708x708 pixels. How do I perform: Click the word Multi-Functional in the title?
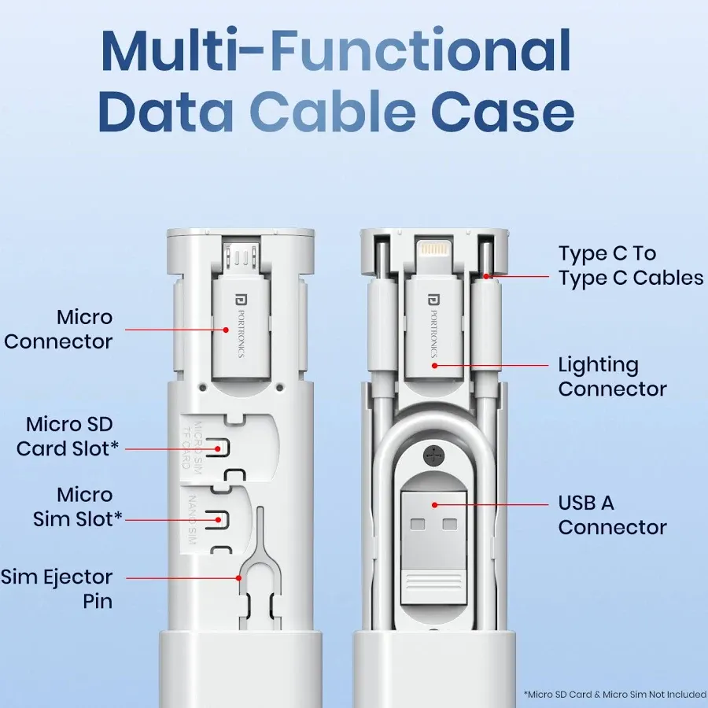[x=336, y=51]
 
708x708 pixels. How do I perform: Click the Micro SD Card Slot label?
[x=68, y=437]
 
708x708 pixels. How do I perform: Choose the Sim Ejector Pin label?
[x=57, y=589]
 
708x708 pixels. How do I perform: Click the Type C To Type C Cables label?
[x=630, y=266]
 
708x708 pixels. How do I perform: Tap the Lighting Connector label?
[x=612, y=377]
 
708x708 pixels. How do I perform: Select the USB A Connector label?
[x=612, y=515]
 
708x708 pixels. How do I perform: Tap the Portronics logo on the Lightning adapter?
[x=432, y=299]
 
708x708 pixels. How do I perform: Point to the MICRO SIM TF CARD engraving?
[x=192, y=444]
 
